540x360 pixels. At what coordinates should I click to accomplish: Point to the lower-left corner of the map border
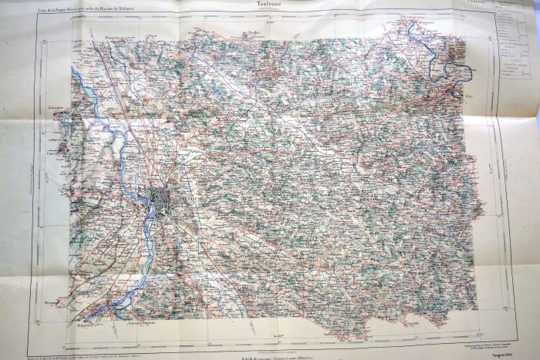(x=37, y=345)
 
